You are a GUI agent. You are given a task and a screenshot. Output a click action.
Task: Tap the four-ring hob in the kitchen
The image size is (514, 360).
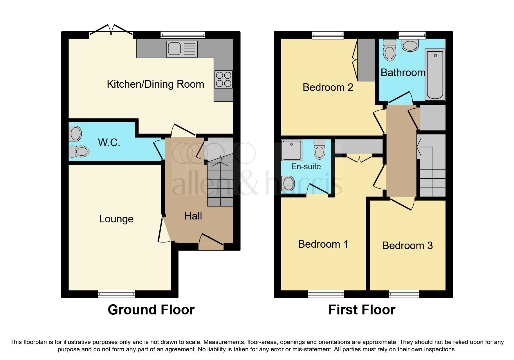click(x=223, y=79)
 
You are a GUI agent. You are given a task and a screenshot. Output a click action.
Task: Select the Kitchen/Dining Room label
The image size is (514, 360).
click(x=155, y=84)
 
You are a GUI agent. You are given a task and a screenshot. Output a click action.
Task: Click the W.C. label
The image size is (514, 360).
click(x=109, y=143)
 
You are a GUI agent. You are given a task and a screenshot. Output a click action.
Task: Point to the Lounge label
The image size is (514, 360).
click(x=116, y=219)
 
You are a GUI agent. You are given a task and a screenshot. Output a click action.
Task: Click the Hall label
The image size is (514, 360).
click(x=193, y=216)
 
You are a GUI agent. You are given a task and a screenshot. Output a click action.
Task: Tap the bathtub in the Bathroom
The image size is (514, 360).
click(x=435, y=74)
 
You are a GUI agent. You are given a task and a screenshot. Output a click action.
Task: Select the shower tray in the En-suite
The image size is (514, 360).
click(x=291, y=150)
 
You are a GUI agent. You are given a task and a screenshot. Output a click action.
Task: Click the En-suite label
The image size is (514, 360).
click(x=306, y=167)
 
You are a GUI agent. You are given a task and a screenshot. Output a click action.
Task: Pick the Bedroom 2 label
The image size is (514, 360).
click(x=328, y=87)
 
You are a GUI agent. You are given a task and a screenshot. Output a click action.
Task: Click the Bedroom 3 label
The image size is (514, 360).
click(x=407, y=246)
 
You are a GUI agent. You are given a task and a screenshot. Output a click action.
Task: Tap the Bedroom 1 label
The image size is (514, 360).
click(x=323, y=244)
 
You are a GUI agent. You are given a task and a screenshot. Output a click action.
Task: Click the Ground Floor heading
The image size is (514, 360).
click(x=151, y=310)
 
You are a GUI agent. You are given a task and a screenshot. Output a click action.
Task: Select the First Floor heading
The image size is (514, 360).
click(x=362, y=310)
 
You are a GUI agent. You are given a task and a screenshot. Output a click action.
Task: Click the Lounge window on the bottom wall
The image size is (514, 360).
click(x=117, y=294)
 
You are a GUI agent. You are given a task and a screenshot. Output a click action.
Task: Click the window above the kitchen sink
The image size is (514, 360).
click(x=183, y=35)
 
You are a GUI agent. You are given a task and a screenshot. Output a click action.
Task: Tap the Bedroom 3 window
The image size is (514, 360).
click(x=404, y=294)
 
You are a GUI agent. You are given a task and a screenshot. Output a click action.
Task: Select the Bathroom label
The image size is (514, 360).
click(x=403, y=73)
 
